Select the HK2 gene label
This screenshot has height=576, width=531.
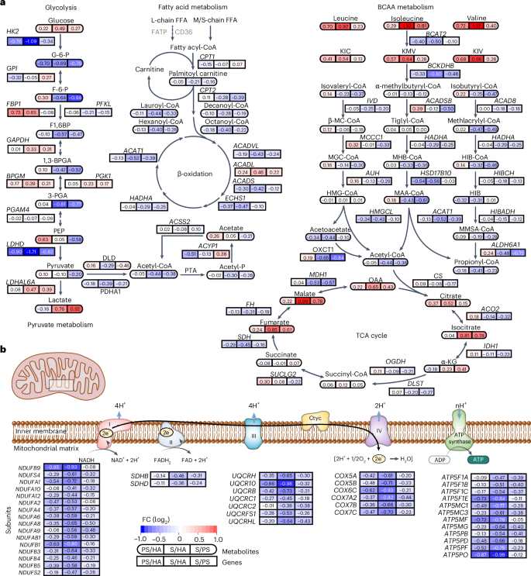[x=13, y=31]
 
